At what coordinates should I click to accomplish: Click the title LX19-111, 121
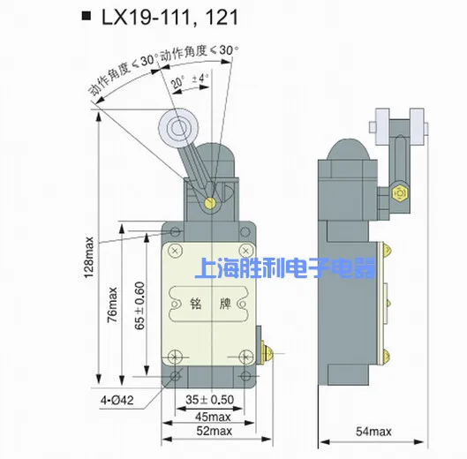tap(169, 17)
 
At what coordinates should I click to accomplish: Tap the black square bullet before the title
tap(87, 16)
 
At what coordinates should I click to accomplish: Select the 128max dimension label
tap(89, 258)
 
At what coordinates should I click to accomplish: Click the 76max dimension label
tap(113, 305)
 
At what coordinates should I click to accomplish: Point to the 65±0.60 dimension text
tap(139, 305)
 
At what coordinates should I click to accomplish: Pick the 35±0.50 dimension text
tap(210, 400)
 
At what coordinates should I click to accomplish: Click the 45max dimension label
tap(213, 417)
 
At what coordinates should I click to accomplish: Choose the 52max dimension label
tap(215, 431)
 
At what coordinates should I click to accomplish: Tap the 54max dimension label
tap(373, 432)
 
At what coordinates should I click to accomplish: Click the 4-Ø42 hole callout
tap(117, 400)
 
